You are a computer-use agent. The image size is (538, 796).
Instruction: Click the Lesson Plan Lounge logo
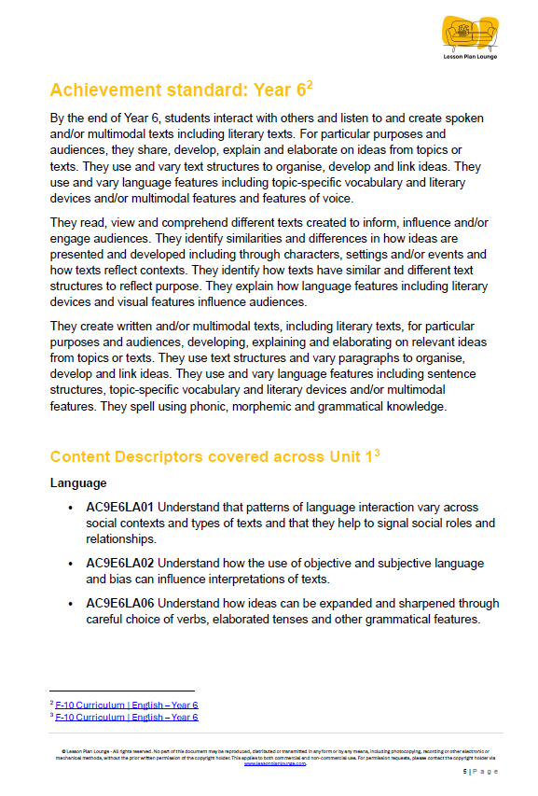click(x=471, y=38)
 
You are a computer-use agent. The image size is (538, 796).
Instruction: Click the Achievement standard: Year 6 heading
click(x=176, y=91)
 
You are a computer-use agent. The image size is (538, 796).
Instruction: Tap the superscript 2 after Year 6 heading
click(x=309, y=86)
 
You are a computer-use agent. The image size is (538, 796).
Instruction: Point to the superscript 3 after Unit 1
click(x=376, y=453)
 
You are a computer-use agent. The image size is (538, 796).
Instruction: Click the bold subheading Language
click(x=78, y=483)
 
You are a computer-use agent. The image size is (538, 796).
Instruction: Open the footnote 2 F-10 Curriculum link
click(x=127, y=705)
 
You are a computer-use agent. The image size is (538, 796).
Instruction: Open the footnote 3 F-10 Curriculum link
click(x=127, y=717)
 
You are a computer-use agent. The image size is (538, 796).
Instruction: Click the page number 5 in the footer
click(x=464, y=772)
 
